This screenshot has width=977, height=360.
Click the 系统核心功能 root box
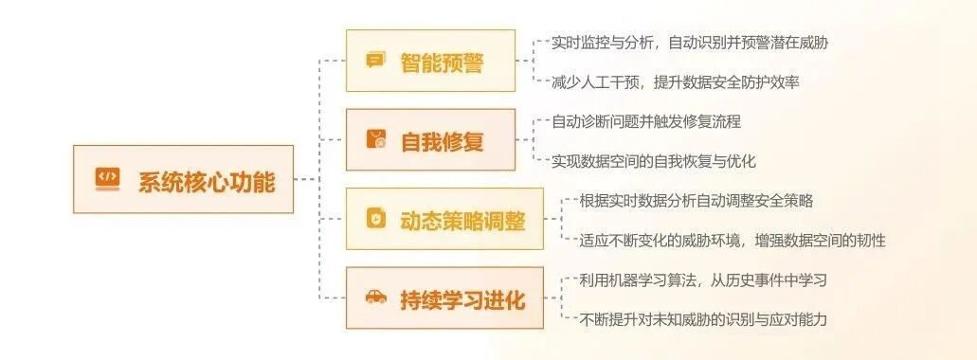coord(183,179)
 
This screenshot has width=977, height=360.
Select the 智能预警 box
coord(430,61)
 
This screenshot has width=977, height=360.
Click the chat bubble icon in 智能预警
coord(374,61)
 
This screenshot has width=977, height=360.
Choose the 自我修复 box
coord(430,139)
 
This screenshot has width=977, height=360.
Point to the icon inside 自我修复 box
coord(375,139)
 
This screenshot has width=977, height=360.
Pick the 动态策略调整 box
coord(444,219)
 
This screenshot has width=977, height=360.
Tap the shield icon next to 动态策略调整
coord(375,219)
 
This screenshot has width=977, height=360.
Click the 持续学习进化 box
coord(444,297)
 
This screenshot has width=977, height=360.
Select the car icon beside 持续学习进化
coord(375,297)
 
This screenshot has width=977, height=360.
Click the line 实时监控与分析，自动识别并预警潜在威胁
coord(690,43)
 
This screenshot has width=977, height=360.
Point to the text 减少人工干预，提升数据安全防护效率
coord(676,82)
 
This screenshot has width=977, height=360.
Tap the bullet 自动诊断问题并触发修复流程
coord(646,121)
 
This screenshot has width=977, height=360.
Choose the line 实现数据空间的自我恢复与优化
coord(654,161)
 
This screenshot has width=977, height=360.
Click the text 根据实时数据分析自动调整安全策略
coord(696,201)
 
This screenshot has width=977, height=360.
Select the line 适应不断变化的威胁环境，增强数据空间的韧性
coord(733,241)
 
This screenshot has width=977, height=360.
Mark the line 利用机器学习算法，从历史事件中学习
coord(703,280)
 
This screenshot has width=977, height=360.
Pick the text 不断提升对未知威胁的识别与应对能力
coord(703,320)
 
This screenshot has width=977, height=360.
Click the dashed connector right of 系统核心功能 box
coord(306,179)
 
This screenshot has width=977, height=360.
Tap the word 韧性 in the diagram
coord(871,241)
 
